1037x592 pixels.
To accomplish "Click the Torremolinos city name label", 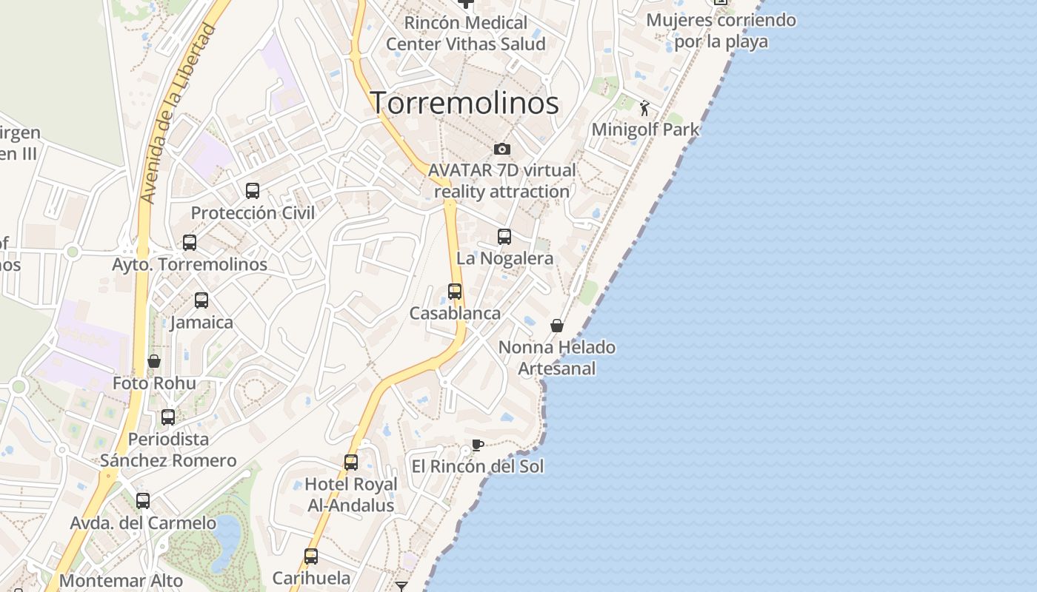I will coord(464,103).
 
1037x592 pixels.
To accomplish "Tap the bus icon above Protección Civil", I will coord(253,191).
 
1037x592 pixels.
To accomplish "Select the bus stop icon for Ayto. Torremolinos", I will coord(190,243).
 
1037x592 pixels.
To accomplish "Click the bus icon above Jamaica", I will coord(201,300).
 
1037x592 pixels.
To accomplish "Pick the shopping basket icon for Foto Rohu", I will coord(154,361).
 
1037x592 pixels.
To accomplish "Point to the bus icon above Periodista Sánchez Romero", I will coord(168,417).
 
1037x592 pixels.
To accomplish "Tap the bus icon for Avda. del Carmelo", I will coord(143,501).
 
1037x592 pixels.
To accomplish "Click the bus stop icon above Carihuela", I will coord(311,556).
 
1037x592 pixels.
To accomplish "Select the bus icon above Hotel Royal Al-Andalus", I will coord(351,462).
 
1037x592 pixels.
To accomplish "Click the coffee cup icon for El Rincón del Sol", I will coord(478,445).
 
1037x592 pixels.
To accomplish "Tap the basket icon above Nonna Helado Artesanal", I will coord(557,326).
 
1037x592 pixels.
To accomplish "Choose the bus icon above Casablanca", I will coord(455,292).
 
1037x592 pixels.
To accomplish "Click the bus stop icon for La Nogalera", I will coord(504,237).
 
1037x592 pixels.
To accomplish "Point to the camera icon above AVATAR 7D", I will coord(502,149).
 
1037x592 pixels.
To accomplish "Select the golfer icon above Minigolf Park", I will coord(644,108).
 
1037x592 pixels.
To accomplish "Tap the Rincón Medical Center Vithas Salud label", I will coord(466,33).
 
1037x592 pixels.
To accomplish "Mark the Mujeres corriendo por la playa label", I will coord(721,30).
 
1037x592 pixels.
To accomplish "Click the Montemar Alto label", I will coord(121,581).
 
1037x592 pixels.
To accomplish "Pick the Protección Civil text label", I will coord(253,213).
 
